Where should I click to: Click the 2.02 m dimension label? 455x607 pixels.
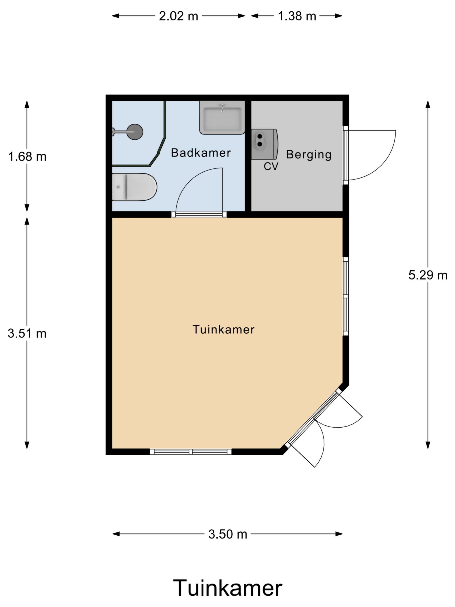click(x=178, y=16)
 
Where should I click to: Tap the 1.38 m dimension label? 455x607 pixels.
click(x=297, y=16)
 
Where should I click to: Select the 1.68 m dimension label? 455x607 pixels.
click(x=27, y=157)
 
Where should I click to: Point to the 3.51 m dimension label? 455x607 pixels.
click(x=27, y=333)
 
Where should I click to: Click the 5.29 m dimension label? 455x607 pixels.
click(x=428, y=275)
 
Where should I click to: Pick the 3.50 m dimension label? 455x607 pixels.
click(x=228, y=534)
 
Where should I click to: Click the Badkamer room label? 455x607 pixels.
click(x=201, y=153)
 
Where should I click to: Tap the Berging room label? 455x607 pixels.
click(x=309, y=155)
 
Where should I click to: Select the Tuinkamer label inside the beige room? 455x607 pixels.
click(x=223, y=329)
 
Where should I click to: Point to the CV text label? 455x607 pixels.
click(x=271, y=166)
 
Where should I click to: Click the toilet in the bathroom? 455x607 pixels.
click(x=134, y=187)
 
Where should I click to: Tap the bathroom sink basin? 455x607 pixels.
click(x=222, y=117)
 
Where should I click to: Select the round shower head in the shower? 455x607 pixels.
click(x=135, y=132)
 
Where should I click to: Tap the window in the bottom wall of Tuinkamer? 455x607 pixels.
click(x=191, y=451)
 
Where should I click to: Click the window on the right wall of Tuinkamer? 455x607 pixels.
click(x=346, y=296)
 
